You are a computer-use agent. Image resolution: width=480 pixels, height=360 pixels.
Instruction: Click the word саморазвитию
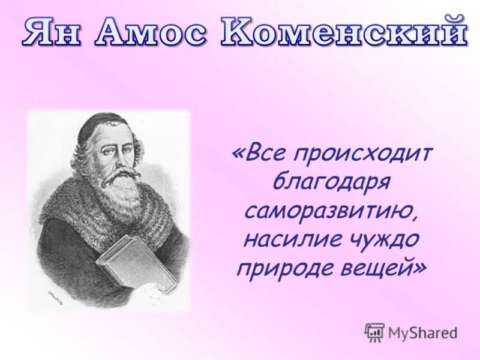tap(331, 211)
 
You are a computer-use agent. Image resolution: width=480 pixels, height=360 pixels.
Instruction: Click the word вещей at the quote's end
tap(379, 268)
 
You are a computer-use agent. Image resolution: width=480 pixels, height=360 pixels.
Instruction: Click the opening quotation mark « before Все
tap(238, 155)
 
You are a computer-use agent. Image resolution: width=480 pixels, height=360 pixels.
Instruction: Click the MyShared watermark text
tap(422, 333)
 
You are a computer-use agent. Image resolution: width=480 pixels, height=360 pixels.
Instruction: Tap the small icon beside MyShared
tap(374, 332)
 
